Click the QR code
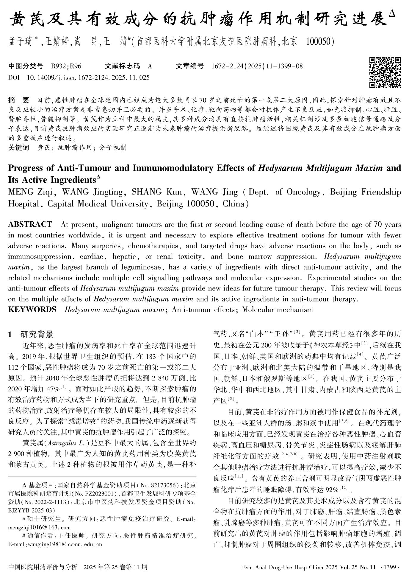click(385, 73)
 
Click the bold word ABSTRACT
click(30, 224)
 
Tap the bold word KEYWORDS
click(32, 310)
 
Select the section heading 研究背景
click(37, 334)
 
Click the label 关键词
click(18, 147)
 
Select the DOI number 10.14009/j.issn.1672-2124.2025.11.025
click(88, 78)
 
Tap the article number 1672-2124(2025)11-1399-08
click(257, 66)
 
